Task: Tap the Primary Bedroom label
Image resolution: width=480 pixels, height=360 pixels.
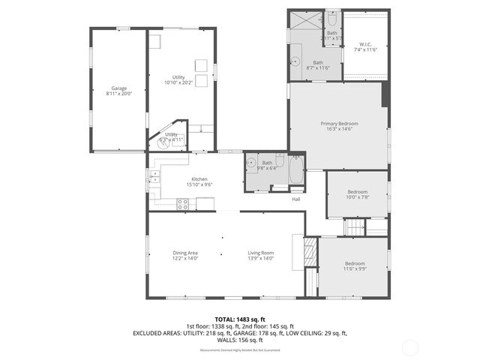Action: point(339,123)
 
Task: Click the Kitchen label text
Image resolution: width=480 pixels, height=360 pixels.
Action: point(199,179)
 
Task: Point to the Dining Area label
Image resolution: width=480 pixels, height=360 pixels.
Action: point(184,253)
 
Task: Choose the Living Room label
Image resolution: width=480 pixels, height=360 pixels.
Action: point(261,253)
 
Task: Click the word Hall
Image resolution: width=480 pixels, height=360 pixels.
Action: point(296,199)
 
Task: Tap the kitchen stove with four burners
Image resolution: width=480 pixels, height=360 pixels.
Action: point(182,202)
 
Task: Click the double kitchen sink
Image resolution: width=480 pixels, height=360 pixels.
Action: point(154,177)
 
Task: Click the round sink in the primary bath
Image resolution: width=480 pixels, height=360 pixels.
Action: point(295,62)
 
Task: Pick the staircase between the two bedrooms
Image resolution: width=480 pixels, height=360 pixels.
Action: point(355,227)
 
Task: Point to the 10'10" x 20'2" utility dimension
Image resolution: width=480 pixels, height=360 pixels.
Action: point(178,82)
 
